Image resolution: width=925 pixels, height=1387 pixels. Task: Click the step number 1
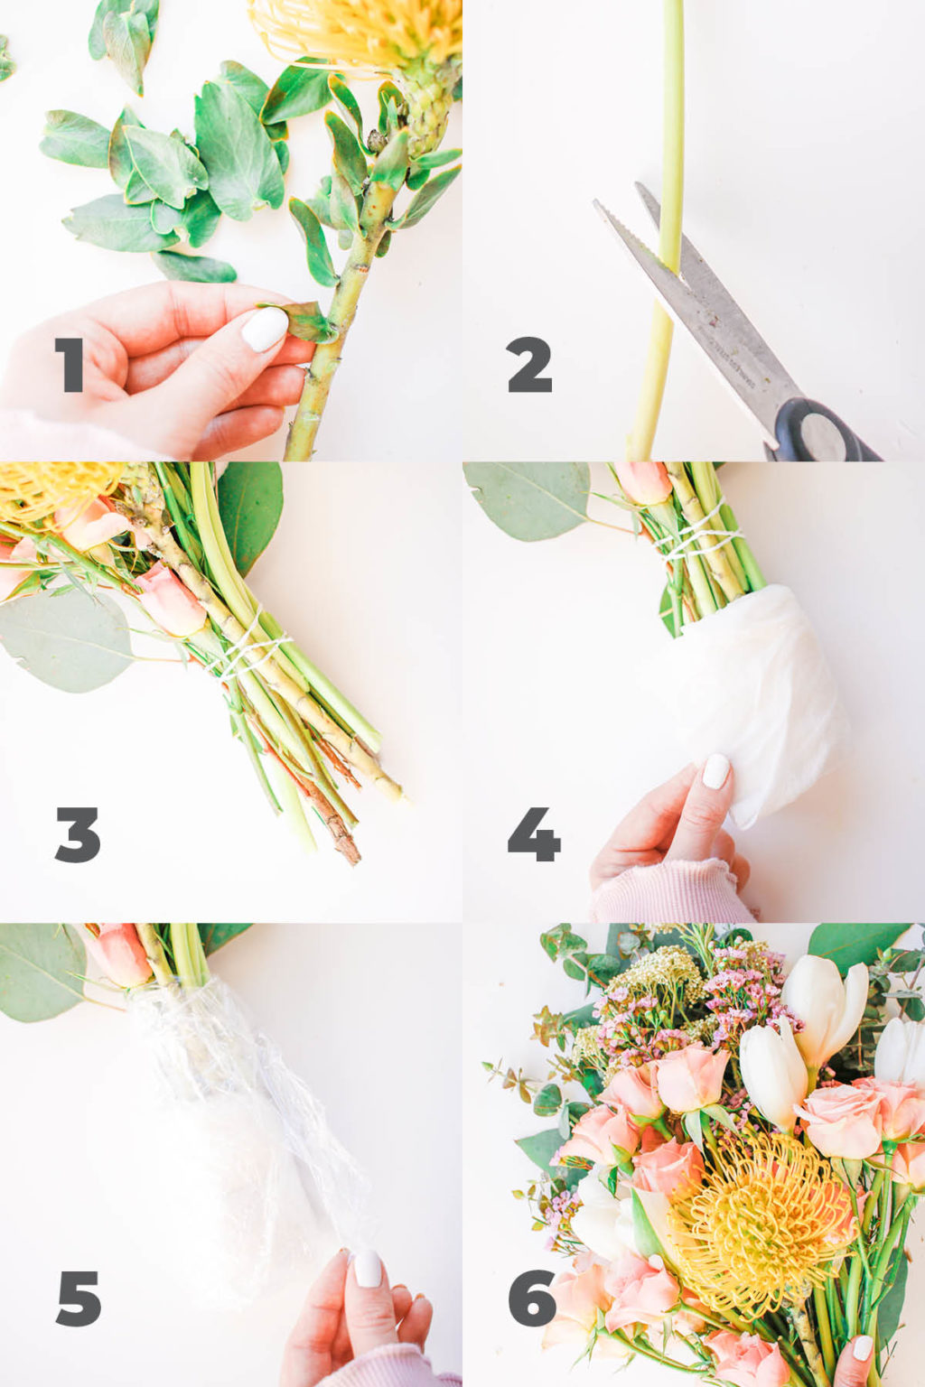[70, 365]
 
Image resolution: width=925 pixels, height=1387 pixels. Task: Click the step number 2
[529, 365]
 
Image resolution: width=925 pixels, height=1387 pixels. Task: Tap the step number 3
[78, 834]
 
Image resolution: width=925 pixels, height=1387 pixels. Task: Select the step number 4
[533, 834]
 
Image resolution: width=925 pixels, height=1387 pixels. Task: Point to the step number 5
[79, 1299]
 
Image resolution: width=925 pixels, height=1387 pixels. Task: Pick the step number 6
[532, 1299]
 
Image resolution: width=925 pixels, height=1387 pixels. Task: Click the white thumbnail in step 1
[265, 329]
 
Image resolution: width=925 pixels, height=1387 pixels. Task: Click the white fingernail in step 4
[716, 771]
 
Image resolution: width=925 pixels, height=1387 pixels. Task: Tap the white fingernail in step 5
[368, 1269]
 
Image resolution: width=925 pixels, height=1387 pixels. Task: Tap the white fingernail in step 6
[862, 1348]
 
